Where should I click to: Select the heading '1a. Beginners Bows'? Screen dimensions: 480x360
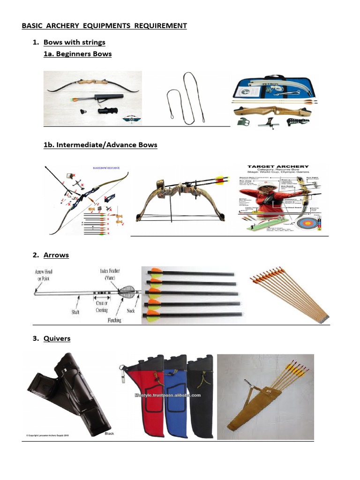77,54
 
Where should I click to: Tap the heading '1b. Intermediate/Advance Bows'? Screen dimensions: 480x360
100,145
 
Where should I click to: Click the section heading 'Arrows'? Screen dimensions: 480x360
56,255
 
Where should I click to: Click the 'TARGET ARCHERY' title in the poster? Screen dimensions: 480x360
278,166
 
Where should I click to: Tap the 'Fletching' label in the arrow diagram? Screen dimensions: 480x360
112,320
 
